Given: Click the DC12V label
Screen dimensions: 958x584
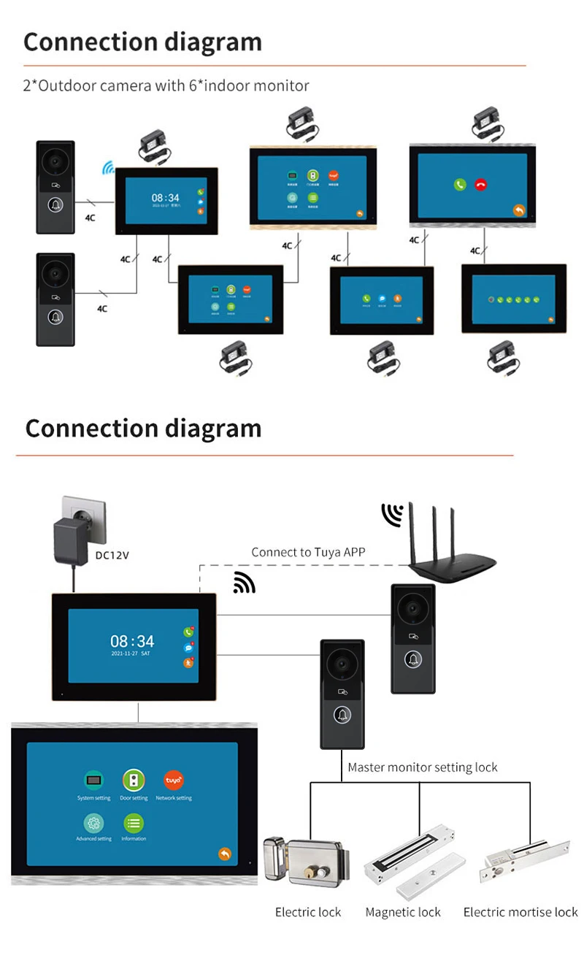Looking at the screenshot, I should click(x=112, y=554).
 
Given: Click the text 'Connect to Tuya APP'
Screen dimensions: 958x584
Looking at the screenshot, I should click(x=308, y=552).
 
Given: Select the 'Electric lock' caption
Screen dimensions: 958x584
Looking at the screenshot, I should click(x=308, y=912).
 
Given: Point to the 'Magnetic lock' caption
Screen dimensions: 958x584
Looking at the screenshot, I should click(x=403, y=912).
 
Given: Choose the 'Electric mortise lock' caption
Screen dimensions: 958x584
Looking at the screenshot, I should click(x=520, y=912).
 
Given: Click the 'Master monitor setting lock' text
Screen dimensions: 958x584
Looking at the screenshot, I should click(x=422, y=767).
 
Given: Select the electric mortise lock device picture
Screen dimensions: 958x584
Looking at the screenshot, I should click(x=523, y=862).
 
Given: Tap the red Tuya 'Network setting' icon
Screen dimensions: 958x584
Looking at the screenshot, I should click(x=174, y=781).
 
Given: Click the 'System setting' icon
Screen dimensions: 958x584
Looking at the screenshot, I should click(x=93, y=781).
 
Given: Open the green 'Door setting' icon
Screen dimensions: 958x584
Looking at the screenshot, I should click(x=134, y=781).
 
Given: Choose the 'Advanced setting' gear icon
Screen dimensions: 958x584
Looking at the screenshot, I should click(x=93, y=823).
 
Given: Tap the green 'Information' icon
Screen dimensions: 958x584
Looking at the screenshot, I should click(x=134, y=823).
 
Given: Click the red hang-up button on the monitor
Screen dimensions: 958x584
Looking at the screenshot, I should click(x=480, y=185).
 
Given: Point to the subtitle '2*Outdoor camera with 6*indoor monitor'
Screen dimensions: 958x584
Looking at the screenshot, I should click(x=166, y=86).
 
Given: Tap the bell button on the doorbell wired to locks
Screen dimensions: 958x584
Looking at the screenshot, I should click(x=342, y=715).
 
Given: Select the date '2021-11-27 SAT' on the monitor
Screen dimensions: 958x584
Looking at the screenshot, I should click(x=130, y=654).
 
